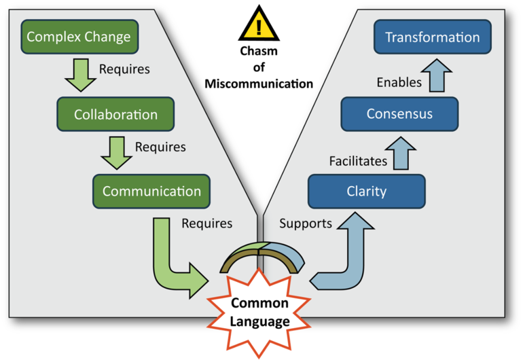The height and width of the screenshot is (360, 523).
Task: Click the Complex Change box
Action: pyautogui.click(x=79, y=37)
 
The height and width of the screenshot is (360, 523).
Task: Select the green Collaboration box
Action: pyautogui.click(x=115, y=114)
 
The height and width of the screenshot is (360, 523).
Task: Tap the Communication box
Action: pyautogui.click(x=151, y=191)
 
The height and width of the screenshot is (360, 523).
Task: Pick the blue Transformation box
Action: pyautogui.click(x=432, y=37)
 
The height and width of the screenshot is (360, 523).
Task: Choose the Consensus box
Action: pyautogui.click(x=399, y=113)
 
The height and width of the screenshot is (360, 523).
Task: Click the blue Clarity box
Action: pyautogui.click(x=366, y=191)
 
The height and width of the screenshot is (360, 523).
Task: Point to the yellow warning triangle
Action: pyautogui.click(x=259, y=26)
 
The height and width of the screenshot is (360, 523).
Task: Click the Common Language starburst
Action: pyautogui.click(x=259, y=312)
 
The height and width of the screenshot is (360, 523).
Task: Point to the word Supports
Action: pyautogui.click(x=306, y=223)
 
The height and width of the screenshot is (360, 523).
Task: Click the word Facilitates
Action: pyautogui.click(x=358, y=161)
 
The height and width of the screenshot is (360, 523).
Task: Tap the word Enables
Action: pyautogui.click(x=399, y=83)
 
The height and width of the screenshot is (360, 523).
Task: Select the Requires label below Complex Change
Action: pyautogui.click(x=124, y=69)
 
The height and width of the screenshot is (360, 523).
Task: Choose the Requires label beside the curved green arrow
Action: pyautogui.click(x=206, y=223)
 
